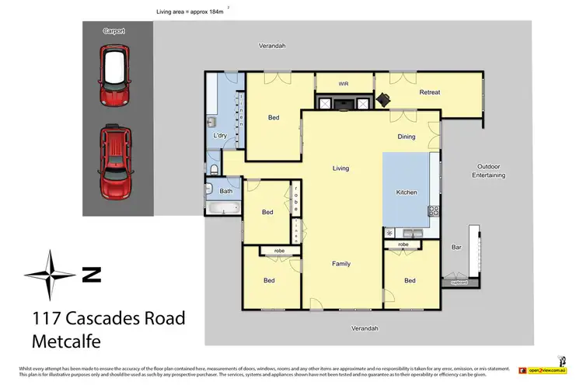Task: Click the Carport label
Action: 113,31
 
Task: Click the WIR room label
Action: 344,84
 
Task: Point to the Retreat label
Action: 430,92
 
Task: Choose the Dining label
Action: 407,137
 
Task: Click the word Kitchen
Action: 407,192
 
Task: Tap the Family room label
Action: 340,264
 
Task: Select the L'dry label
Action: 220,137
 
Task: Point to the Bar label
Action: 456,248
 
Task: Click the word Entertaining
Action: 491,175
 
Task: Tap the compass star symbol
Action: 51,275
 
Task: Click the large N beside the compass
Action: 93,274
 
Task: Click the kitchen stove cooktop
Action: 434,211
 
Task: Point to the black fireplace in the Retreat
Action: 383,99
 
